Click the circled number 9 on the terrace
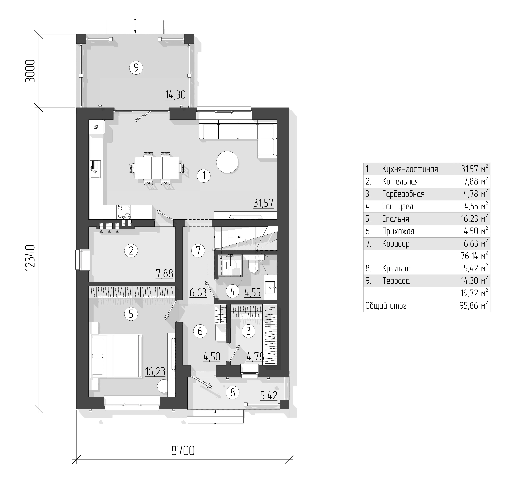point(136,68)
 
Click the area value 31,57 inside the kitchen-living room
point(263,203)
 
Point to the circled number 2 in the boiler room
point(131,251)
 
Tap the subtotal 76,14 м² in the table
point(474,256)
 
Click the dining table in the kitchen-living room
point(157,168)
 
